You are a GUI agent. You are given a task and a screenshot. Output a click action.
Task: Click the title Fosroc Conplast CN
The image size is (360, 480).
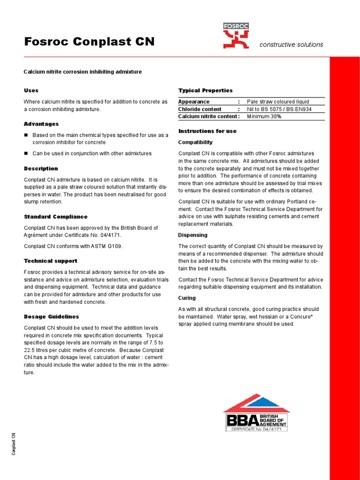click(89, 42)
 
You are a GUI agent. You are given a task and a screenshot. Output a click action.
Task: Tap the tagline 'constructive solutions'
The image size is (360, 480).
click(291, 45)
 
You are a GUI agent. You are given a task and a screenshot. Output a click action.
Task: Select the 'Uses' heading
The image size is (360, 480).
click(31, 90)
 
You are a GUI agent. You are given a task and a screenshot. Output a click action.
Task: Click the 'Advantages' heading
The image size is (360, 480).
click(41, 124)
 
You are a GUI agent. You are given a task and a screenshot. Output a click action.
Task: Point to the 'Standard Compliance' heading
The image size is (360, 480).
click(55, 217)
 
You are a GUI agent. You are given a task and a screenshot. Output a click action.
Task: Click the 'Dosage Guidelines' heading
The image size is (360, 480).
click(51, 317)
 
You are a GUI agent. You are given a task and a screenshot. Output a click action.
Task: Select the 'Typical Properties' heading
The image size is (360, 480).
click(205, 90)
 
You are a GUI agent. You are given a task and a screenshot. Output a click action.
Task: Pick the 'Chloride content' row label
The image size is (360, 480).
click(200, 109)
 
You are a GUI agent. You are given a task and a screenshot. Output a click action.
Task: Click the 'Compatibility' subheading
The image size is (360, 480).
click(195, 142)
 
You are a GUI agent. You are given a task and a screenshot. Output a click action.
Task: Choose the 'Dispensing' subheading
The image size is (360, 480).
click(193, 235)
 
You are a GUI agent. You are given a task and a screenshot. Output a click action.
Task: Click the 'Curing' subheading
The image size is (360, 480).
click(187, 298)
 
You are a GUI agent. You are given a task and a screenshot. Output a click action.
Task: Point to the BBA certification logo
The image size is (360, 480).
click(256, 412)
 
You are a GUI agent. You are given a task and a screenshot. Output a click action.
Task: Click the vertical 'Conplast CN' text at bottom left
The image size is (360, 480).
click(14, 444)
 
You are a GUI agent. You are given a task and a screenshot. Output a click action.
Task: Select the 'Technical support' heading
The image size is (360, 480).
click(51, 261)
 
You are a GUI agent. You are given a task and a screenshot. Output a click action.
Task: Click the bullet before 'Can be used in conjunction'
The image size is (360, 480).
click(26, 153)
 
